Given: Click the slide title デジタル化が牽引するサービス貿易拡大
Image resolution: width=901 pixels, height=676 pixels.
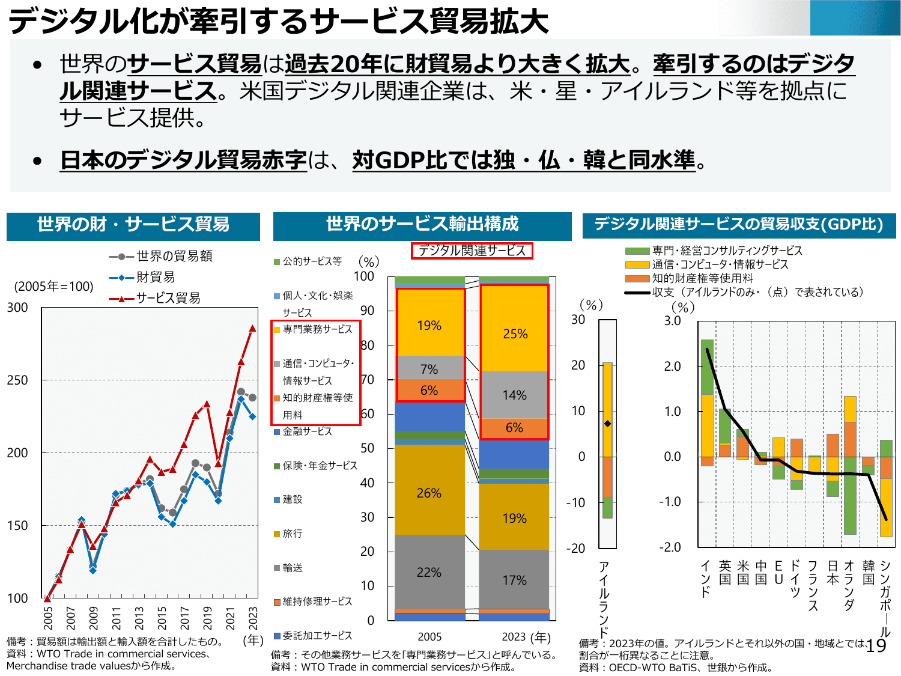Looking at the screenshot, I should pyautogui.click(x=278, y=20).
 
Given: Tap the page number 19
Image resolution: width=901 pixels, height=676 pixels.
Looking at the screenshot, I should pyautogui.click(x=876, y=646).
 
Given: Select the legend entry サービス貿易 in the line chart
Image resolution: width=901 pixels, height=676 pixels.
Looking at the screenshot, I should pyautogui.click(x=168, y=298).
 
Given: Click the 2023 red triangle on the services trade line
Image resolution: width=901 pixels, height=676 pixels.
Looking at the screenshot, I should pyautogui.click(x=252, y=328).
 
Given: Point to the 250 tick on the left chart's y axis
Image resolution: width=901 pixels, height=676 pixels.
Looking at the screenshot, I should pyautogui.click(x=17, y=380).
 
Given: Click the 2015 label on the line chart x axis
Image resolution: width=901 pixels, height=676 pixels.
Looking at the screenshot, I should pyautogui.click(x=162, y=618).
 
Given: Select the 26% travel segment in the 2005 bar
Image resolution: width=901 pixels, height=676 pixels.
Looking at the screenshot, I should pyautogui.click(x=429, y=493).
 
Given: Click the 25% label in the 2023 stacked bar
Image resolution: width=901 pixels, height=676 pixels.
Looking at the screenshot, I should pyautogui.click(x=515, y=333).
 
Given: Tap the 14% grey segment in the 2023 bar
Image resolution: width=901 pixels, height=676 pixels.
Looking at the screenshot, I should pyautogui.click(x=514, y=395).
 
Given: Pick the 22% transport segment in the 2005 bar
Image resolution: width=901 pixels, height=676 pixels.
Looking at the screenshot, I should pyautogui.click(x=429, y=572).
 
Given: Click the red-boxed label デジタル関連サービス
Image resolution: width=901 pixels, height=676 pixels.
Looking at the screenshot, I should pyautogui.click(x=472, y=251).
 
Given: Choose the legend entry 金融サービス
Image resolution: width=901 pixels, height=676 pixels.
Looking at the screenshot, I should pyautogui.click(x=307, y=431).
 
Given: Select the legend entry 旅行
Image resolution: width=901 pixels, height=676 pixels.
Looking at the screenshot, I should pyautogui.click(x=293, y=534).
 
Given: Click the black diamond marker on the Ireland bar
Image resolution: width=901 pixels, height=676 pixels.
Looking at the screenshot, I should pyautogui.click(x=607, y=424).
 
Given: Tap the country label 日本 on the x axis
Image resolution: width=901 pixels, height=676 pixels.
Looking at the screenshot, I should pyautogui.click(x=833, y=573).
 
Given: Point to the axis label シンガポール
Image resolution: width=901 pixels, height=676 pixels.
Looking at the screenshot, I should pyautogui.click(x=885, y=598).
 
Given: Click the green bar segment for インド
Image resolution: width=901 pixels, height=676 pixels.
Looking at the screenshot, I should pyautogui.click(x=707, y=367).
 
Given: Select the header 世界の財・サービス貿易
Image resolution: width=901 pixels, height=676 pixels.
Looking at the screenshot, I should pyautogui.click(x=133, y=225).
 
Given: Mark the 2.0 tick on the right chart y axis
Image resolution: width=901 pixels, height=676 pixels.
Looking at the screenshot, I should pyautogui.click(x=672, y=366).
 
